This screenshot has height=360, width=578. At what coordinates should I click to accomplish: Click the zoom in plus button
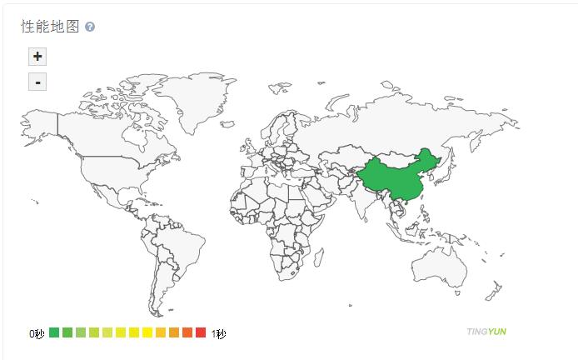(x=37, y=57)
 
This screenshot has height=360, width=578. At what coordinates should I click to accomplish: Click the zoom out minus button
(x=37, y=82)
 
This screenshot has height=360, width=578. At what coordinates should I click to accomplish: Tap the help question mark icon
(x=90, y=27)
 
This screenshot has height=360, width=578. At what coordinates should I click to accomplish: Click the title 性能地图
(x=50, y=27)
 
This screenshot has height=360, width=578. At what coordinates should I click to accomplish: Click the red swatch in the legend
(x=200, y=333)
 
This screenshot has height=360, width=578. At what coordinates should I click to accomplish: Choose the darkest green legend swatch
(x=54, y=333)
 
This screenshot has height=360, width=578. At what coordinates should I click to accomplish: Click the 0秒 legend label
(x=37, y=333)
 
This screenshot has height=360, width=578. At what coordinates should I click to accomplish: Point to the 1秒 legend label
(x=218, y=333)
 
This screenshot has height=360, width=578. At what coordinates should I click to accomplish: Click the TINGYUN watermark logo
(x=486, y=332)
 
